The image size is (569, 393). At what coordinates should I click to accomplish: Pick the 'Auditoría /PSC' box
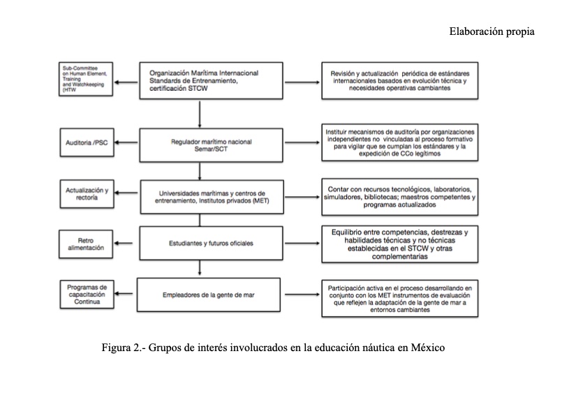[x=88, y=143]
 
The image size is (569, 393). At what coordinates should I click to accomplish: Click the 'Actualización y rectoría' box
[x=88, y=193]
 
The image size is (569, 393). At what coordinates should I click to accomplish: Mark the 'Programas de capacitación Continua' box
[x=88, y=295]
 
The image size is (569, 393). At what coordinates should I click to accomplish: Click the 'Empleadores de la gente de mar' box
[x=200, y=295]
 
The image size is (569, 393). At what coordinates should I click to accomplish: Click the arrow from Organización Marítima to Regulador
[x=200, y=113]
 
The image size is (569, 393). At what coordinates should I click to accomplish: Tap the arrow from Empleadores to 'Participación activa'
[x=293, y=295]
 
